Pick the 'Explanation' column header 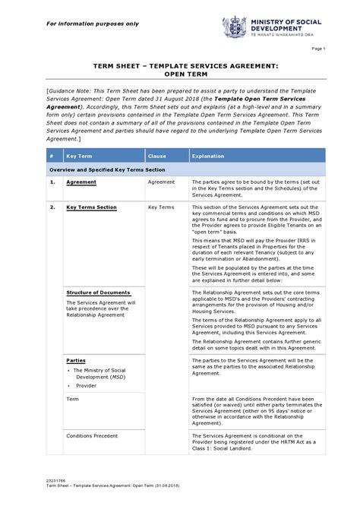[208, 156]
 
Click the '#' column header [50, 156]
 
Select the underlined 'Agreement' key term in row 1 [81, 183]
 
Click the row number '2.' [52, 207]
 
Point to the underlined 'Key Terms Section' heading [91, 207]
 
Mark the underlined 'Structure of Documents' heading [98, 292]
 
